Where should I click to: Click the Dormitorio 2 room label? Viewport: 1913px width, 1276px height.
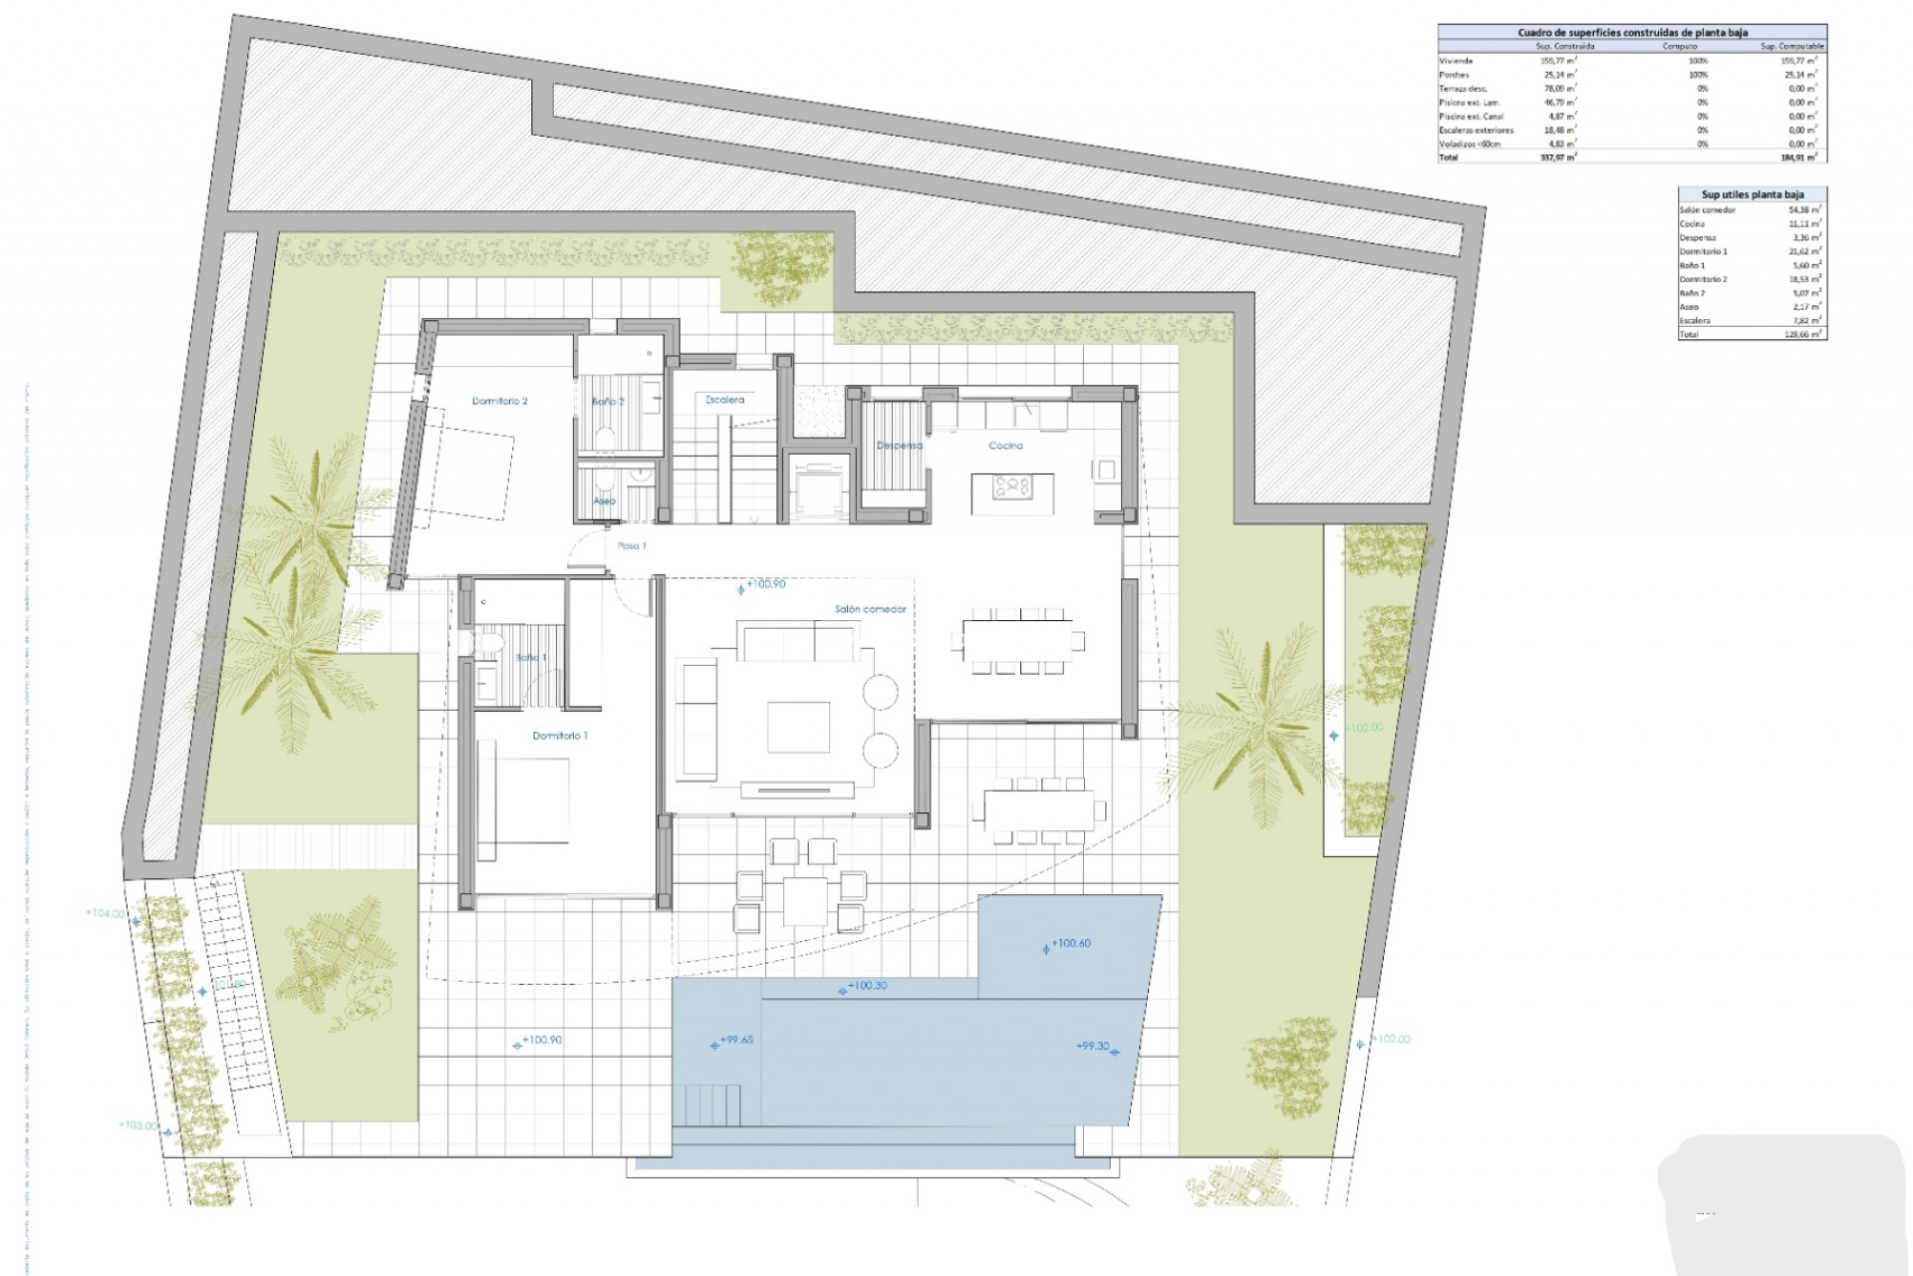pyautogui.click(x=499, y=401)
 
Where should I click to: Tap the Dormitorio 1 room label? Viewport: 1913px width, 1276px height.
pyautogui.click(x=560, y=736)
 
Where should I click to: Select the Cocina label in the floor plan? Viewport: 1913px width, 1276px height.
pyautogui.click(x=1005, y=446)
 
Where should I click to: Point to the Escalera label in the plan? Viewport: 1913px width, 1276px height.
pyautogui.click(x=724, y=400)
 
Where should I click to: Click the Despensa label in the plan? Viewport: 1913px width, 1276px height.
pyautogui.click(x=899, y=446)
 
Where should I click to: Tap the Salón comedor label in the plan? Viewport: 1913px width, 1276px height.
pyautogui.click(x=870, y=609)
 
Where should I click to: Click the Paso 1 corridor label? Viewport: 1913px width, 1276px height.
pyautogui.click(x=631, y=546)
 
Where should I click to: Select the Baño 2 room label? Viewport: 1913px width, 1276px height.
pyautogui.click(x=608, y=402)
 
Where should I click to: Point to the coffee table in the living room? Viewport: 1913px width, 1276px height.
pyautogui.click(x=798, y=727)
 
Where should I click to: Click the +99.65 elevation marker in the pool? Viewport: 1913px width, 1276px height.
pyautogui.click(x=736, y=1040)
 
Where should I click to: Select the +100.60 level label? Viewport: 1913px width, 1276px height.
pyautogui.click(x=1071, y=943)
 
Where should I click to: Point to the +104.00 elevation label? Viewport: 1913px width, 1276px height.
pyautogui.click(x=105, y=913)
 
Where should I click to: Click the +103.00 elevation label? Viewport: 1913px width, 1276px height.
pyautogui.click(x=137, y=1125)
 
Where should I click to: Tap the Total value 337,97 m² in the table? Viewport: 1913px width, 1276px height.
pyautogui.click(x=1557, y=158)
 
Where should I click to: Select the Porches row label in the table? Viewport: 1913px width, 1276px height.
pyautogui.click(x=1454, y=75)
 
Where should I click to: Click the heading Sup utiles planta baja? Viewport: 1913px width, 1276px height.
pyautogui.click(x=1752, y=194)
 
